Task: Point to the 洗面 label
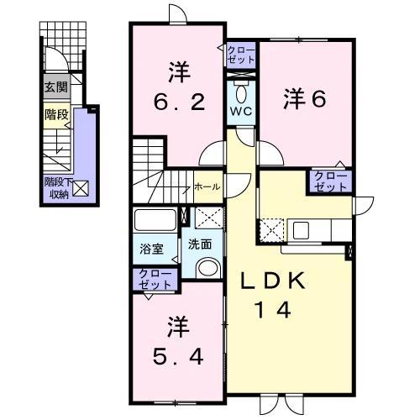200,246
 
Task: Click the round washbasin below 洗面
205,267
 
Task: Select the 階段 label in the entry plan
56,114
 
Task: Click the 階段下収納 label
56,190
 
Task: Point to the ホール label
207,186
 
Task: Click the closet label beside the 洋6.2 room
240,56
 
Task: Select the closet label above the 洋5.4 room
152,280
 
